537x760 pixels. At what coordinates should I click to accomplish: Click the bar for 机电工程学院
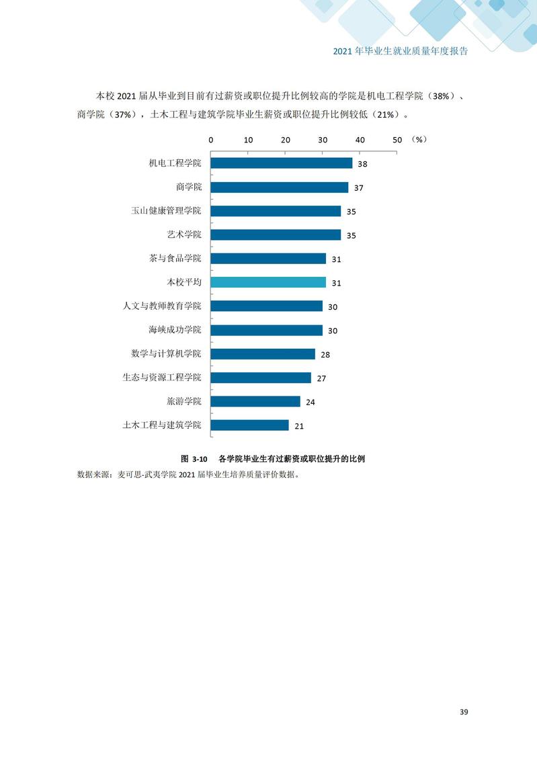pyautogui.click(x=282, y=163)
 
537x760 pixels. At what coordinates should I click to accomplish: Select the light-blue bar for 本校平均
pyautogui.click(x=268, y=282)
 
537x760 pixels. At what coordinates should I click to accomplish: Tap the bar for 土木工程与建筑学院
pyautogui.click(x=249, y=425)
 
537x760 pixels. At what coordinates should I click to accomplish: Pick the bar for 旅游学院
pyautogui.click(x=255, y=401)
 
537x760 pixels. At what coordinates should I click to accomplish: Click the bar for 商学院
pyautogui.click(x=280, y=187)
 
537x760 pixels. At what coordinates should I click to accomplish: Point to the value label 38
pyautogui.click(x=362, y=164)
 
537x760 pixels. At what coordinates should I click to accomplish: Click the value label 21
pyautogui.click(x=299, y=426)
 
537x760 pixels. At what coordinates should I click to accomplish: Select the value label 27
pyautogui.click(x=321, y=378)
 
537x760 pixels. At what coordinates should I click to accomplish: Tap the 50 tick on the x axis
pyautogui.click(x=397, y=140)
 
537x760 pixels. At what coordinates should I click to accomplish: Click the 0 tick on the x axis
pyautogui.click(x=211, y=140)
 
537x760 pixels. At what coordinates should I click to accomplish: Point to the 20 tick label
pyautogui.click(x=286, y=140)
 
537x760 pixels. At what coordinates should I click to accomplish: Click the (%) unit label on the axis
pyautogui.click(x=419, y=140)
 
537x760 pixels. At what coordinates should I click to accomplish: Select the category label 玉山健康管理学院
pyautogui.click(x=166, y=211)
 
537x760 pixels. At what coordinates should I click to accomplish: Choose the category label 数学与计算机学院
pyautogui.click(x=166, y=353)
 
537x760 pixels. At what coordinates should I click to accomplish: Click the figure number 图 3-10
pyautogui.click(x=194, y=459)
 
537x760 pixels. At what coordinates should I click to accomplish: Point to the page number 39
pyautogui.click(x=464, y=712)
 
